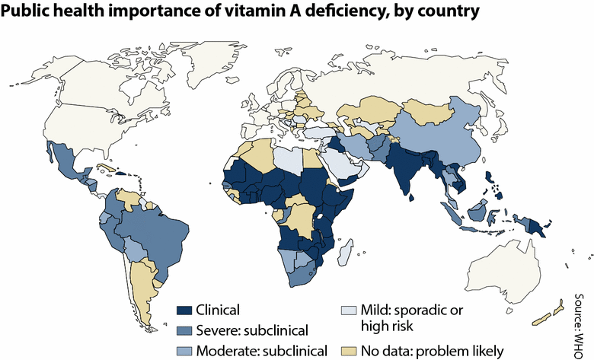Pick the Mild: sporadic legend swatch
pyautogui.click(x=349, y=310)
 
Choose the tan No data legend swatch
pyautogui.click(x=349, y=350)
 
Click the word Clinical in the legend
pyautogui.click(x=219, y=310)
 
